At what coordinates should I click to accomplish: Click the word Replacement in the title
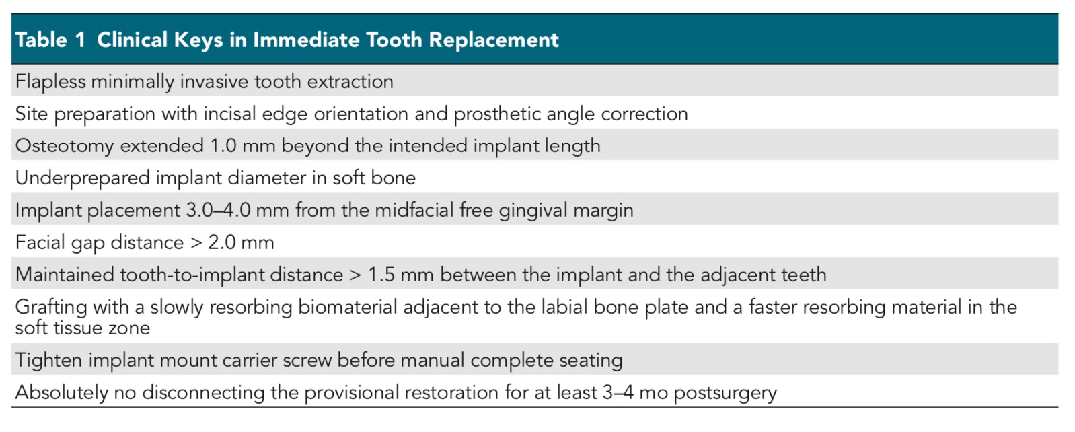[x=494, y=40]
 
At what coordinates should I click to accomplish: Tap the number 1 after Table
[x=79, y=40]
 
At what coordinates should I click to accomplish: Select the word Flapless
[x=50, y=82]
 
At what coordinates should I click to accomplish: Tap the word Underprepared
[x=83, y=178]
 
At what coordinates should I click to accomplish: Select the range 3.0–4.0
[x=219, y=210]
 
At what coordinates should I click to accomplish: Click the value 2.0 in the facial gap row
[x=221, y=242]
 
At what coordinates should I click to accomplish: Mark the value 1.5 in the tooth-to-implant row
[x=381, y=275]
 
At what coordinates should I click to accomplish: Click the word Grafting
[x=51, y=308]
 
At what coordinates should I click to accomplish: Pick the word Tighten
[x=48, y=361]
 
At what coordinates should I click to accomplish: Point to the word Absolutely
[x=61, y=393]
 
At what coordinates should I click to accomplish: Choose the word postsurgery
[x=725, y=393]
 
